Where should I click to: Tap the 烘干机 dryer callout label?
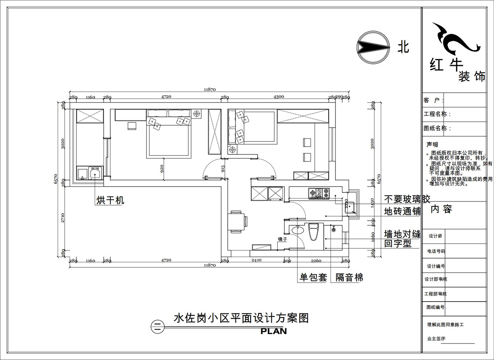110,201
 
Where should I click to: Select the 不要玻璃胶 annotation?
407,200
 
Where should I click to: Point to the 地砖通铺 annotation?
402,212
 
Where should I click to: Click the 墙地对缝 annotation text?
402,234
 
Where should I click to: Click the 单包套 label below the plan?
313,278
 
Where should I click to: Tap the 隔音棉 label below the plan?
349,278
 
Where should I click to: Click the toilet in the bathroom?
314,232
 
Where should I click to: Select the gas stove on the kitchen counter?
320,192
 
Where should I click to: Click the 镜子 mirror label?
282,239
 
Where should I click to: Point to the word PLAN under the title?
273,331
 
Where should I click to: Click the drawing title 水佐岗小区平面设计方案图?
241,318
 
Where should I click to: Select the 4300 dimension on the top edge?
278,97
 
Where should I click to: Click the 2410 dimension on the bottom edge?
256,261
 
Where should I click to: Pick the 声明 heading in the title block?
432,145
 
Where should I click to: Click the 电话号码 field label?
436,251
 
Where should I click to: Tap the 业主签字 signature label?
436,339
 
